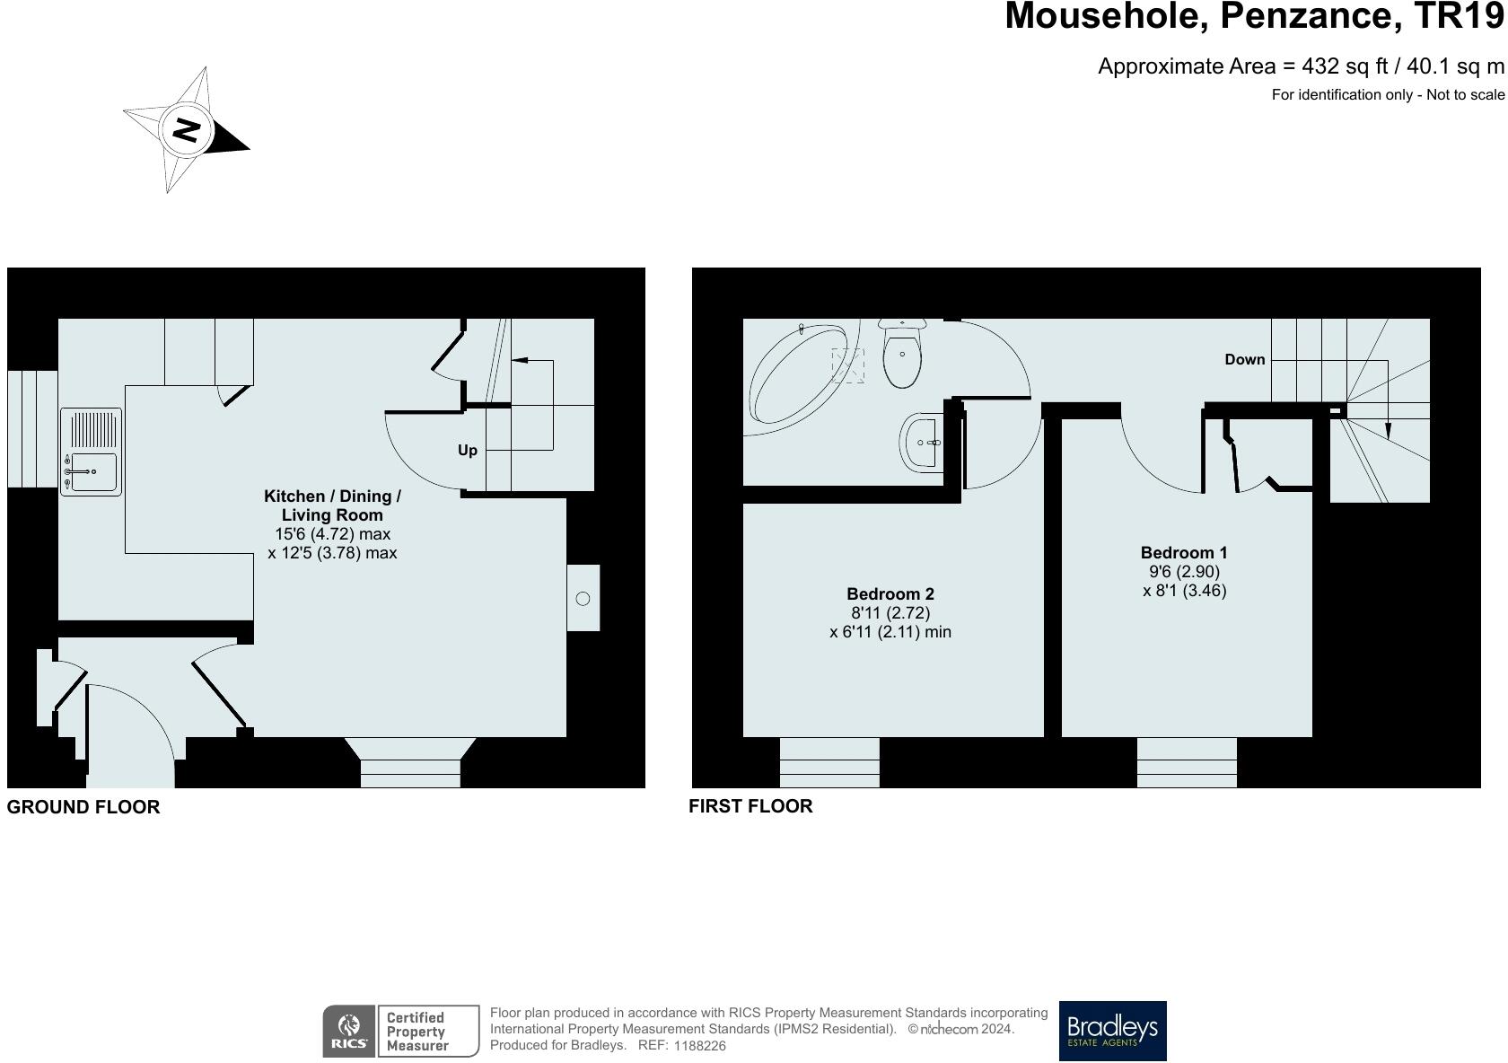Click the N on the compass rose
click(187, 130)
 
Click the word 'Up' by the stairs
click(467, 451)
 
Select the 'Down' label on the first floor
click(1244, 360)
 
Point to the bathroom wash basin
click(921, 442)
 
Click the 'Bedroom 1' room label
click(1183, 553)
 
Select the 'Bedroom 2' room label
click(890, 594)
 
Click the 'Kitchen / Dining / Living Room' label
click(332, 505)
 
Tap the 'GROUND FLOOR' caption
click(83, 807)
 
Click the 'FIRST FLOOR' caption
click(750, 806)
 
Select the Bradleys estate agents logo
click(1112, 1031)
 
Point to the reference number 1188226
click(699, 1046)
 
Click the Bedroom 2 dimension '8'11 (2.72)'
click(890, 613)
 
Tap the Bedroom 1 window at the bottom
click(1186, 762)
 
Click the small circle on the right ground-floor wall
click(583, 599)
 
